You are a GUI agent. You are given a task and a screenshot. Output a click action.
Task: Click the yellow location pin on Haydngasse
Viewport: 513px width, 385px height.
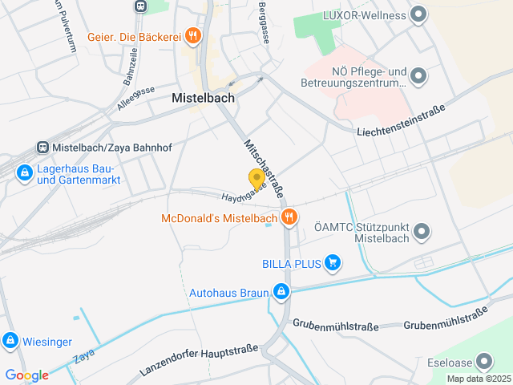click(x=256, y=179)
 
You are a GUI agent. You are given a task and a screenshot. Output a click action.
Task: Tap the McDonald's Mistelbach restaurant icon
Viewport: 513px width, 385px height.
click(x=289, y=217)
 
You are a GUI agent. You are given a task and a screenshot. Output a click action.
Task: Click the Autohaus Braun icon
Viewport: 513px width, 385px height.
click(x=281, y=292)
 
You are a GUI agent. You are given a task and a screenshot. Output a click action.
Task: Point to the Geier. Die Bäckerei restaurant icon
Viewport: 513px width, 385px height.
click(x=192, y=35)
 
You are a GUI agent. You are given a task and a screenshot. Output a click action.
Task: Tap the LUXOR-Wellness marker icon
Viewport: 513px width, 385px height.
click(x=418, y=14)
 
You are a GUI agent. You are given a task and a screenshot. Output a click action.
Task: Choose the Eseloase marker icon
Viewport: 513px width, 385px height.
click(x=483, y=361)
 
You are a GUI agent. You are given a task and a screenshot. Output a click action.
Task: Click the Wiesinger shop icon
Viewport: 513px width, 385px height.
click(x=10, y=340)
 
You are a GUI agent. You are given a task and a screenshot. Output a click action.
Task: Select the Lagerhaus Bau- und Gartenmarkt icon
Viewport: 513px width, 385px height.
click(x=24, y=172)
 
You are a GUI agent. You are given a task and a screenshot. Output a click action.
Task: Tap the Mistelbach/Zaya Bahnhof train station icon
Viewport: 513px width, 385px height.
click(x=42, y=148)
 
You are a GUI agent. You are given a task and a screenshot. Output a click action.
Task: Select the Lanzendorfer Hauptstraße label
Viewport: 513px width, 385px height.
click(x=199, y=361)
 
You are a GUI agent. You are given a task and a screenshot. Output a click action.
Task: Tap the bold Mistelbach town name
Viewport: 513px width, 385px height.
click(x=203, y=98)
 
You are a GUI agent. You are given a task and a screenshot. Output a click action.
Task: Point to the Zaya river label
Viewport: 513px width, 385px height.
click(x=83, y=358)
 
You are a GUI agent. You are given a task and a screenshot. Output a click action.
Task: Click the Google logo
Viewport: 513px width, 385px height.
click(x=26, y=375)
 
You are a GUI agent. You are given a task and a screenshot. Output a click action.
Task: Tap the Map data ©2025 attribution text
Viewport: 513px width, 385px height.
click(x=478, y=379)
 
